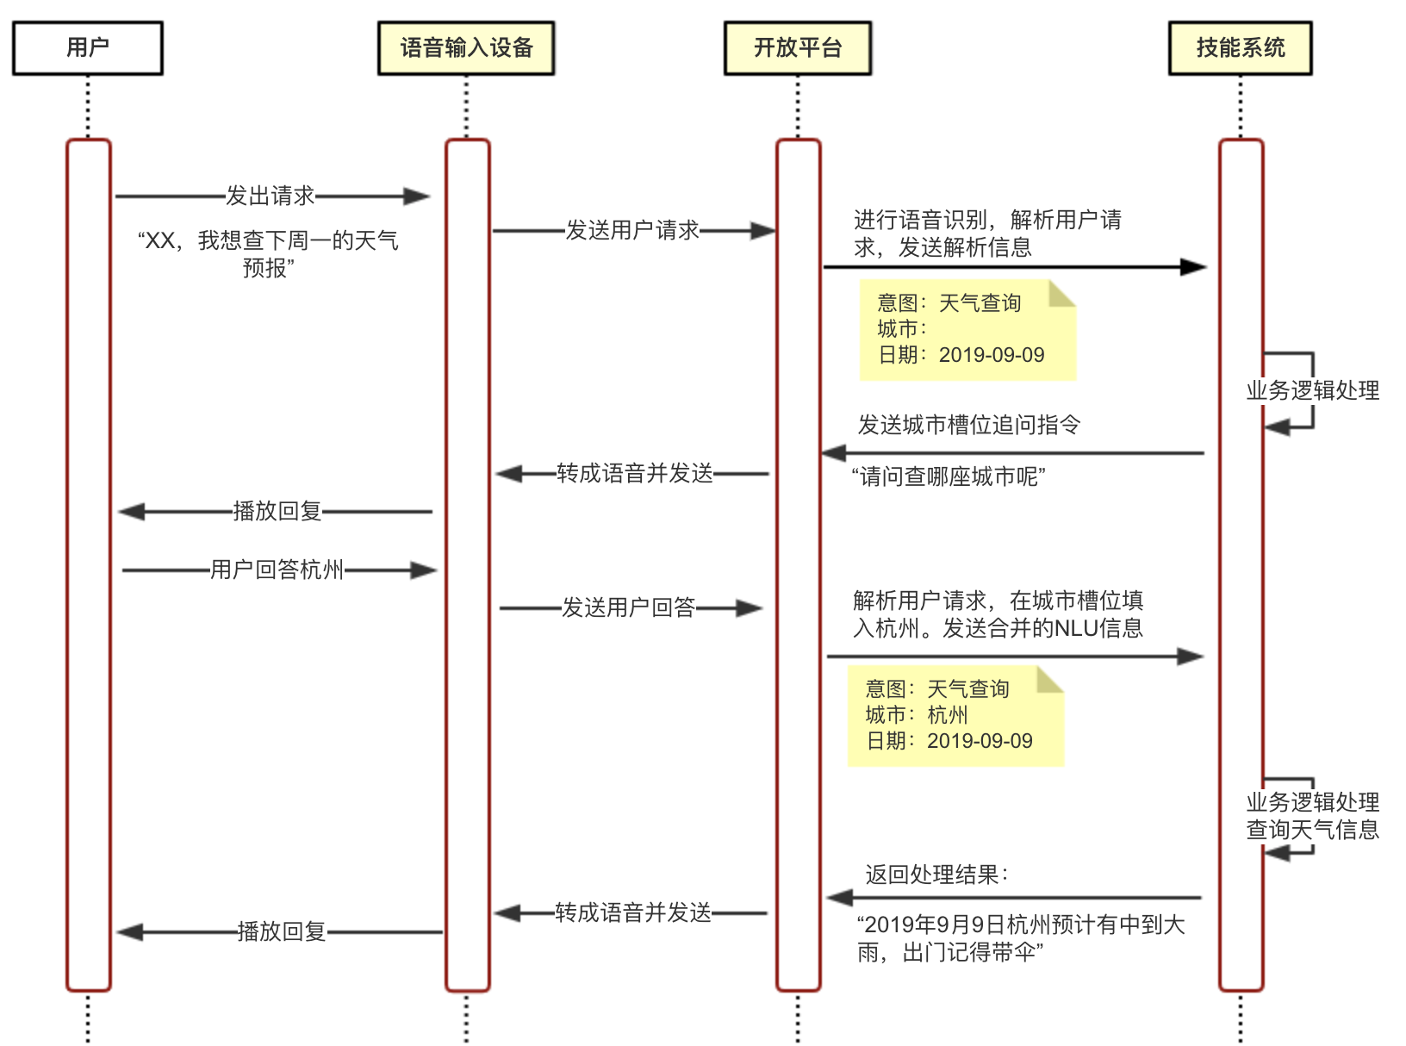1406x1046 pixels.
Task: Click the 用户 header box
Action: [x=87, y=48]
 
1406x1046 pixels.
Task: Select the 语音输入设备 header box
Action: [x=466, y=48]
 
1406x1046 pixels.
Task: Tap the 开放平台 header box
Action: [x=798, y=48]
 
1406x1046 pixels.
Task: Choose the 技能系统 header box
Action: [x=1240, y=48]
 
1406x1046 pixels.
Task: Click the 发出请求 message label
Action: [x=270, y=196]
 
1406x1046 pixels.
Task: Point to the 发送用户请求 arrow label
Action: [x=631, y=231]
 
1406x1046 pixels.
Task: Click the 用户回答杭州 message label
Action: [x=277, y=570]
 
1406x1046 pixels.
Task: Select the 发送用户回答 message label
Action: [x=628, y=608]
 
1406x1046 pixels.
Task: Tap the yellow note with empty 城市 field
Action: [x=967, y=329]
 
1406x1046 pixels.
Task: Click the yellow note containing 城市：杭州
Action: [x=955, y=715]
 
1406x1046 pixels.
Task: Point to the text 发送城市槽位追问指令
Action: [x=968, y=425]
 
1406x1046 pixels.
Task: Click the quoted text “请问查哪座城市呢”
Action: [x=949, y=476]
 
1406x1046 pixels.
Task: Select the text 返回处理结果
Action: [x=936, y=875]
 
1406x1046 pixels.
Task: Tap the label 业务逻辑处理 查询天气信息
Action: [x=1312, y=816]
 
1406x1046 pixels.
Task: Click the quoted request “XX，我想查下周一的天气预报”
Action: [x=269, y=253]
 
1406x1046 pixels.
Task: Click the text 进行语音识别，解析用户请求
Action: [x=987, y=233]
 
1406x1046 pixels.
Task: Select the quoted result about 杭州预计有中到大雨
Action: [x=1020, y=938]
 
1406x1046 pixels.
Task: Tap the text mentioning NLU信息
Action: [x=998, y=614]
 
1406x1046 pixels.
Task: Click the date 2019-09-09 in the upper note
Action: [x=991, y=355]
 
